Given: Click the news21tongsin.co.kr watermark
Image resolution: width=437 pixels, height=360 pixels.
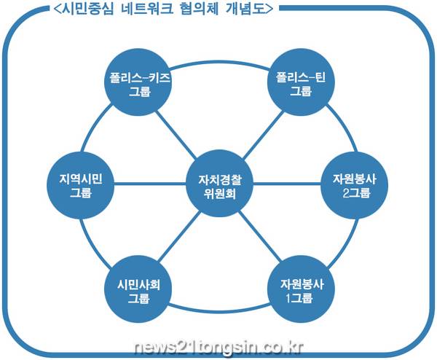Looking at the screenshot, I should click(x=219, y=343).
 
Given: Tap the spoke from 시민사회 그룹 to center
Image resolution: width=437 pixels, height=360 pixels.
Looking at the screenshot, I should click(x=175, y=239).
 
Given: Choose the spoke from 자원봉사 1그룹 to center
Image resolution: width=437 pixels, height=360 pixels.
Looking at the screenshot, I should click(x=262, y=239).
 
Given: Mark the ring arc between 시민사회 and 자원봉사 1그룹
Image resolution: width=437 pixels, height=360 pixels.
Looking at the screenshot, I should click(x=219, y=316).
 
